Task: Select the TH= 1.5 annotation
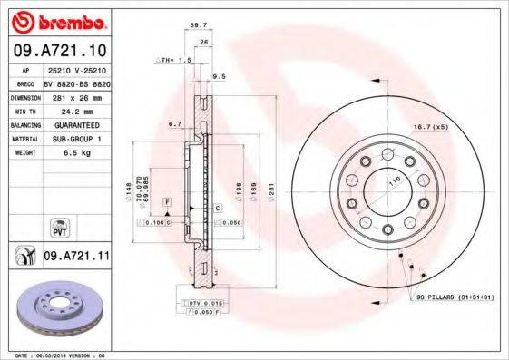click(173, 60)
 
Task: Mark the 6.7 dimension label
click(175, 124)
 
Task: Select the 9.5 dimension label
click(219, 77)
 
